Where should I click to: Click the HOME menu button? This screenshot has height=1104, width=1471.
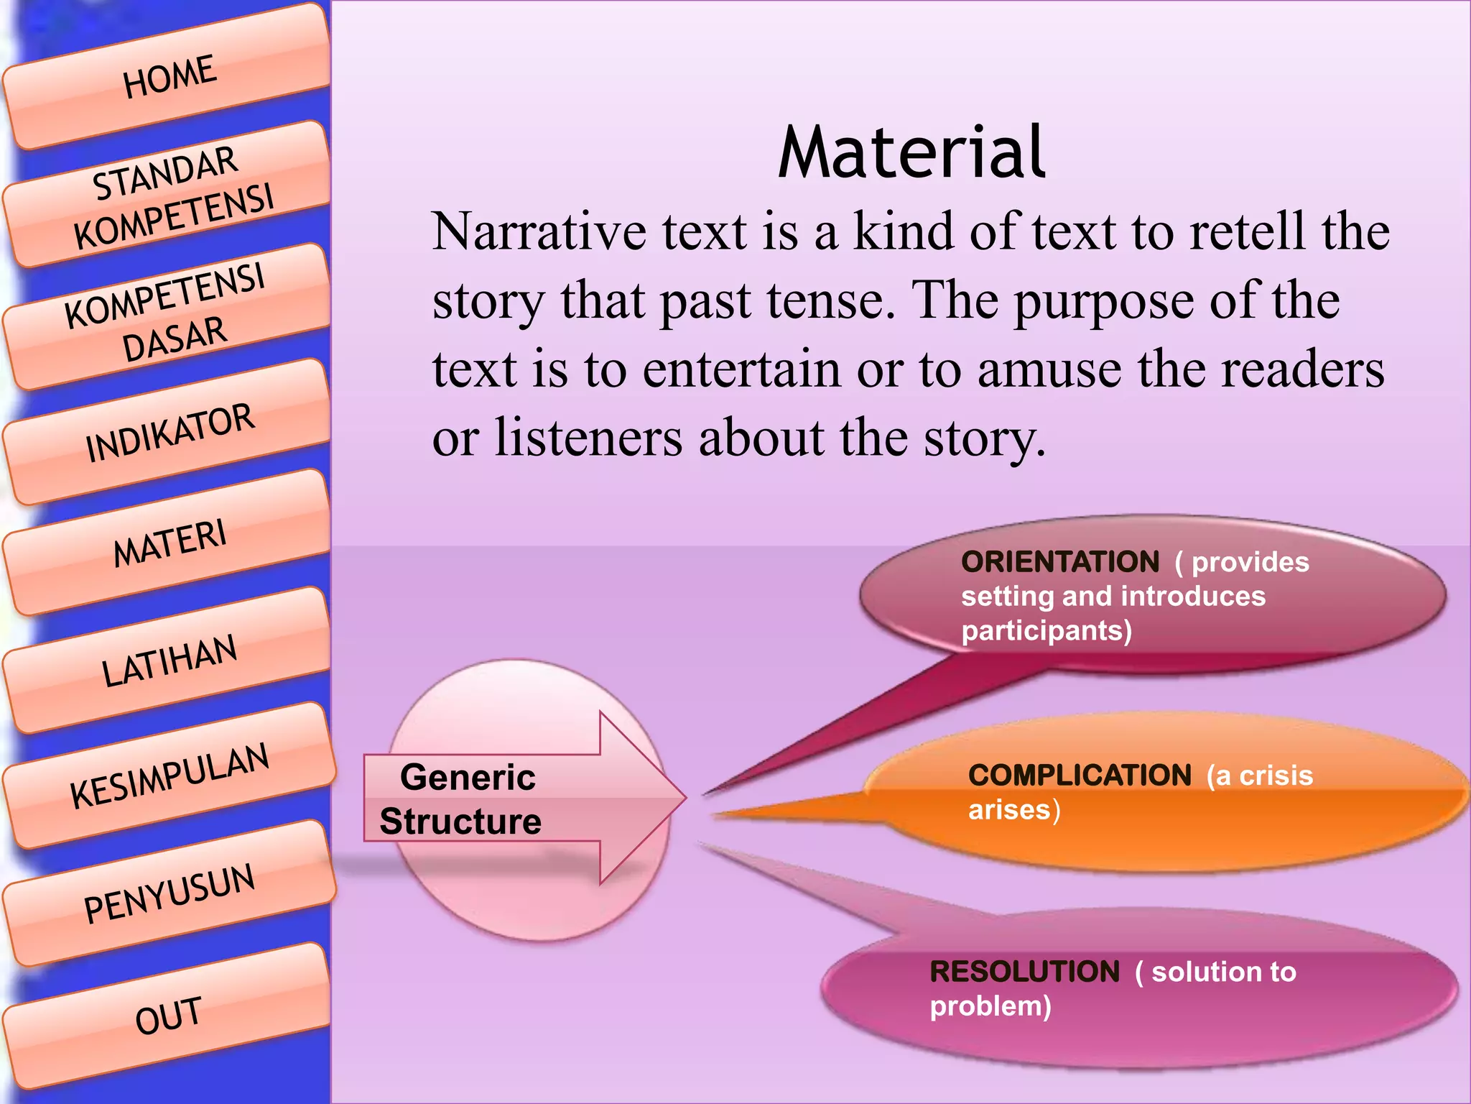click(x=170, y=76)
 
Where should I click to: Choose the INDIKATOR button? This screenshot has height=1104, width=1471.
click(x=170, y=433)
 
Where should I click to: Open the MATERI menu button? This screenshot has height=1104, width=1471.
click(x=170, y=543)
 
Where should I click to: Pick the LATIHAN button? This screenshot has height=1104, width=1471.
click(x=170, y=661)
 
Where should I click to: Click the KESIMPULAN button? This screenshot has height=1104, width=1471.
click(x=170, y=776)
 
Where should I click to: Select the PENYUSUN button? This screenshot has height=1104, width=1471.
click(x=170, y=893)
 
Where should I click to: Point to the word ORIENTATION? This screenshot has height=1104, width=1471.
click(x=1060, y=562)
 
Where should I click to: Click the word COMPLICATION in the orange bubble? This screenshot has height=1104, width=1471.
click(x=1080, y=776)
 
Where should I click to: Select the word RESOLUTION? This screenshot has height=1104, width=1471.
click(x=1024, y=972)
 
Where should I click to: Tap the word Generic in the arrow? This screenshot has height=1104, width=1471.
click(x=468, y=778)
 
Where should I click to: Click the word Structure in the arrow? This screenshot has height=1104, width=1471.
click(x=460, y=822)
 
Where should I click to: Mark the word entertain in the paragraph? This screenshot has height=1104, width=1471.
click(x=741, y=369)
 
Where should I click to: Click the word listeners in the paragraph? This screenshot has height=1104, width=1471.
click(x=588, y=438)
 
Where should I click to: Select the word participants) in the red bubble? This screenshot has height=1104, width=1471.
click(x=1047, y=631)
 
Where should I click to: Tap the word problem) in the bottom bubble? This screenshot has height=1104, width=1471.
click(x=990, y=1006)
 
